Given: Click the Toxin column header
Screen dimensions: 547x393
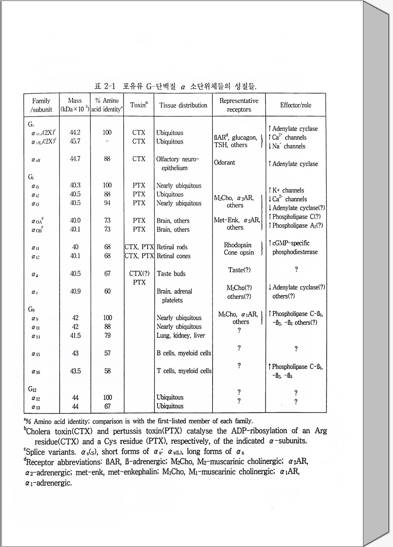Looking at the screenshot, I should click(x=139, y=105).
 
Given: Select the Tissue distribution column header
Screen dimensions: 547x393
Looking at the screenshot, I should click(x=183, y=105).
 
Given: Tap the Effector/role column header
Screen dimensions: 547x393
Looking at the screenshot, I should click(x=296, y=105).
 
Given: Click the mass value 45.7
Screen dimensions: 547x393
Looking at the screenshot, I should click(x=75, y=141).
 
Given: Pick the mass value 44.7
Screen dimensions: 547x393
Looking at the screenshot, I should click(x=75, y=159).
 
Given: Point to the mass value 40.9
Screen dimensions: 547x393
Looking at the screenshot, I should click(x=75, y=291).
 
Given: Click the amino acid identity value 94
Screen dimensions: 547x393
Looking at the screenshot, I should click(x=107, y=203).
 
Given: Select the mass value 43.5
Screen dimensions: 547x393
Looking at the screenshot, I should click(x=75, y=371).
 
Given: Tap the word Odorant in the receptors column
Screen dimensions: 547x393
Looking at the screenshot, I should click(x=224, y=162).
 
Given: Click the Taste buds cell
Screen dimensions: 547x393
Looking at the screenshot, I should click(x=171, y=274).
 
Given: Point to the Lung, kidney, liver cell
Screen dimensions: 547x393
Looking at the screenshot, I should click(x=181, y=336).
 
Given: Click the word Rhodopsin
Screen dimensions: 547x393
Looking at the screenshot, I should click(x=238, y=245).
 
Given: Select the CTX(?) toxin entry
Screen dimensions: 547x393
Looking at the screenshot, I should click(x=139, y=273).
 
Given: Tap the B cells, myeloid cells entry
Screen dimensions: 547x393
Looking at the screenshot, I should click(x=184, y=353).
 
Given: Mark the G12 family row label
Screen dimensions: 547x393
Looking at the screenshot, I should click(x=32, y=389).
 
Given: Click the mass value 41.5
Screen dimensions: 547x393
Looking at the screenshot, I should click(x=75, y=336).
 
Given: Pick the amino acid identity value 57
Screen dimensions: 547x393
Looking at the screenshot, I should click(x=107, y=353).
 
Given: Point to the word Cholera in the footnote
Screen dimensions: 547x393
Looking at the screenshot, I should click(x=38, y=431).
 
